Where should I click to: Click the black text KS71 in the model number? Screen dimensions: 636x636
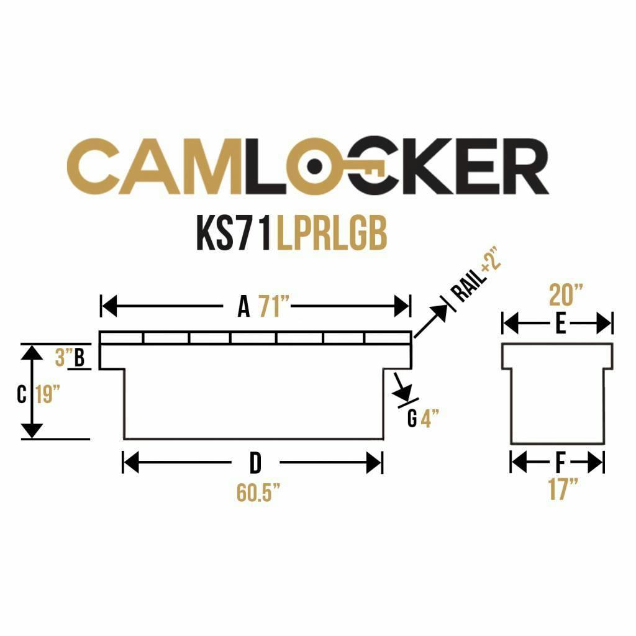234,234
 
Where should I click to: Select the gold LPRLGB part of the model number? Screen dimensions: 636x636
332,234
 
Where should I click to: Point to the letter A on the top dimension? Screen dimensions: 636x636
243,307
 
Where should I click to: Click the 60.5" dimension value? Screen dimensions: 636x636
258,493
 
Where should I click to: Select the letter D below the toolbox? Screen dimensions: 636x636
255,463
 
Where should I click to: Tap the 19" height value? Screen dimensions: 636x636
47,394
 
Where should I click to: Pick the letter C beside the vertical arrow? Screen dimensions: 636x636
22,394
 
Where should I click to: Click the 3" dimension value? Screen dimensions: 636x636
60,357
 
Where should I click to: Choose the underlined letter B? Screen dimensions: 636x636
79,358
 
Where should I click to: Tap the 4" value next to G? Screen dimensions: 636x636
430,419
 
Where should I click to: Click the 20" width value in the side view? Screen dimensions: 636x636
565,295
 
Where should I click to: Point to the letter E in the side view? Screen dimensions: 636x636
561,324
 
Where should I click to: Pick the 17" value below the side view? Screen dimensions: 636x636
563,489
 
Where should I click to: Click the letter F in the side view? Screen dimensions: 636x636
560,463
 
